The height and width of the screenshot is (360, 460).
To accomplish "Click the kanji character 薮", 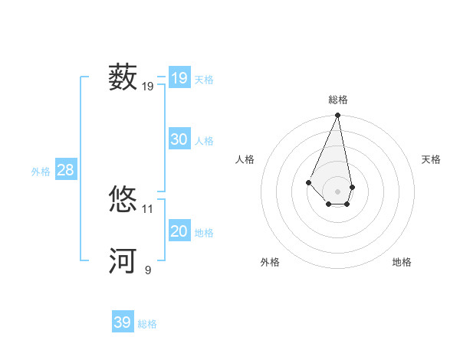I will pos(123,78).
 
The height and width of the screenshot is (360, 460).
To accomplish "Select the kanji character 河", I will pos(123,260).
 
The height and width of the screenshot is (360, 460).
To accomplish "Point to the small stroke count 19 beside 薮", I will pos(148,87).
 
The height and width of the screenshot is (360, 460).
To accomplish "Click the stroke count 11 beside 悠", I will pos(148,208).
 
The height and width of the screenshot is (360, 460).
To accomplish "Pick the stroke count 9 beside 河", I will pos(148,270).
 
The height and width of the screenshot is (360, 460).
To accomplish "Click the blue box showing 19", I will pos(179,78).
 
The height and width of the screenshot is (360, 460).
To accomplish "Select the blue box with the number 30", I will pos(179,139).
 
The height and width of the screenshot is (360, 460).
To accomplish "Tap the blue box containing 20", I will pos(179,231).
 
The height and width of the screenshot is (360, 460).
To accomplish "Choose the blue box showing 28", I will pos(66,170).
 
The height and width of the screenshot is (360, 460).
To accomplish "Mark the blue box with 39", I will pos(123,322).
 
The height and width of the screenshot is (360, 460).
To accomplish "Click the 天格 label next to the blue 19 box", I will pos(204,80).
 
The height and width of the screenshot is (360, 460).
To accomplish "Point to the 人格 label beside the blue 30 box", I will pos(204,141).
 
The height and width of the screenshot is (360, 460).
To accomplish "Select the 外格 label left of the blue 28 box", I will pos(41,172).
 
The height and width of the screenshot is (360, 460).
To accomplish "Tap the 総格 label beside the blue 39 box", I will pos(147,324).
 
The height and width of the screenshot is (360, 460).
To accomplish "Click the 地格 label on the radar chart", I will pos(402,262).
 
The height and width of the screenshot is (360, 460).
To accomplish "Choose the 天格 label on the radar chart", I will pos(431,159).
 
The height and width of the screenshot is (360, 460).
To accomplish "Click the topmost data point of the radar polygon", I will pos(337,116).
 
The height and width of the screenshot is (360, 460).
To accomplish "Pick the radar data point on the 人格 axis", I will pos(308,182).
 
